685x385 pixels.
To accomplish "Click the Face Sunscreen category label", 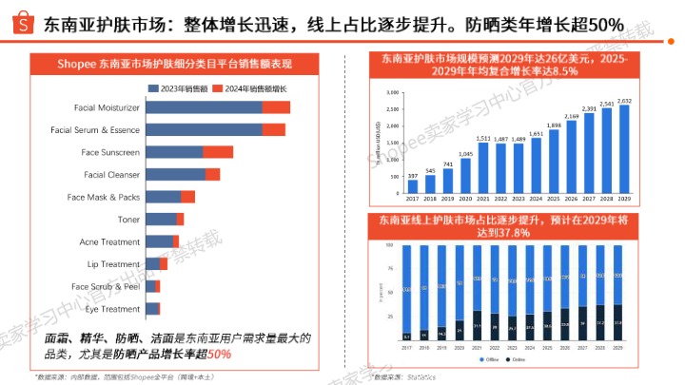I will [110, 152].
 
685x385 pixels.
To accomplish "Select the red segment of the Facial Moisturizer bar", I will [276, 107].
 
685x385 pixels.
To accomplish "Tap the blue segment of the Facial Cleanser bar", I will [174, 174].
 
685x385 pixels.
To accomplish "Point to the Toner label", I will [128, 219].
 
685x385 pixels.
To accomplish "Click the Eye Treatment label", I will [113, 309].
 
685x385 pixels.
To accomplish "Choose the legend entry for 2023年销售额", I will [175, 87].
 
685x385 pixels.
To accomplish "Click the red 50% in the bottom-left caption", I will [220, 355].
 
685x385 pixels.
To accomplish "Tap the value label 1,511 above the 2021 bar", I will [483, 139].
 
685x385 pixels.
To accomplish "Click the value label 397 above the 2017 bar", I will [412, 176].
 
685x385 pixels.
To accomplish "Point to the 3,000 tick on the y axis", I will [394, 92].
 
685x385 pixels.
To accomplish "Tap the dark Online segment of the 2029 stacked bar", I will [618, 323].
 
